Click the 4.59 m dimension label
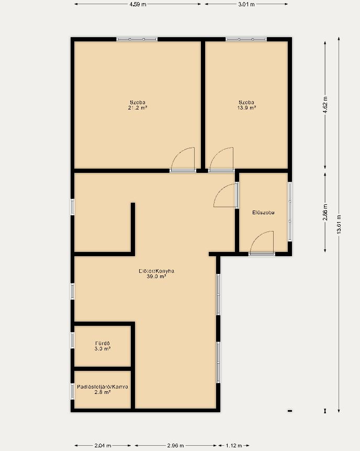click(x=138, y=4)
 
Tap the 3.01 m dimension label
click(x=246, y=4)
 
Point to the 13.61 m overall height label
click(x=339, y=224)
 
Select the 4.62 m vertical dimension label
click(x=325, y=105)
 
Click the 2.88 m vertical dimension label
click(x=325, y=212)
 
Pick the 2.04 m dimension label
click(x=103, y=446)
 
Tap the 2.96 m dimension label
click(x=175, y=446)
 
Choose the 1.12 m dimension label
click(x=234, y=446)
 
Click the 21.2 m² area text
click(x=138, y=108)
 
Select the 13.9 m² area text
click(x=246, y=108)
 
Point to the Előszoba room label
click(x=264, y=213)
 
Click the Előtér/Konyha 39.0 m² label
click(x=156, y=273)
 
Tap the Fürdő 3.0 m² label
click(x=103, y=346)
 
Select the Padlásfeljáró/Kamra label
click(x=103, y=387)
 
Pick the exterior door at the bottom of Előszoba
click(x=262, y=254)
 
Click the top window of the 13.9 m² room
click(x=246, y=39)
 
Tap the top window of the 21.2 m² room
click(x=137, y=39)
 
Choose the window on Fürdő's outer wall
click(x=72, y=340)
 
